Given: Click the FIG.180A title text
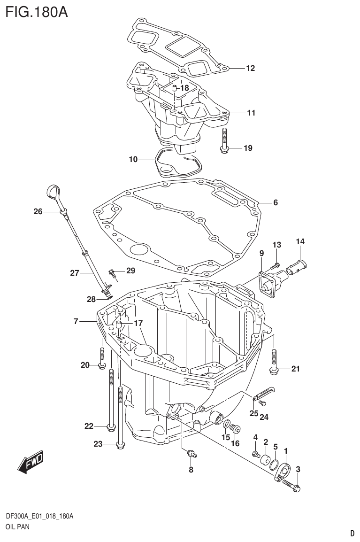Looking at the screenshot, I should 37,11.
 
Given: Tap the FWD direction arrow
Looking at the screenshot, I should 30,463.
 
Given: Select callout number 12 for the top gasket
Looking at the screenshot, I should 250,69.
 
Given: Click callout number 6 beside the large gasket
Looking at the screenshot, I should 275,203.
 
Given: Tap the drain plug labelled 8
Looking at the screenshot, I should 191,453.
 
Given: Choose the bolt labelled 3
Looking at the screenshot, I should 292,486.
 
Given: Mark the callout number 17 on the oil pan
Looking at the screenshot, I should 138,323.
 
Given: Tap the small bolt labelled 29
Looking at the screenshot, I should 113,271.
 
